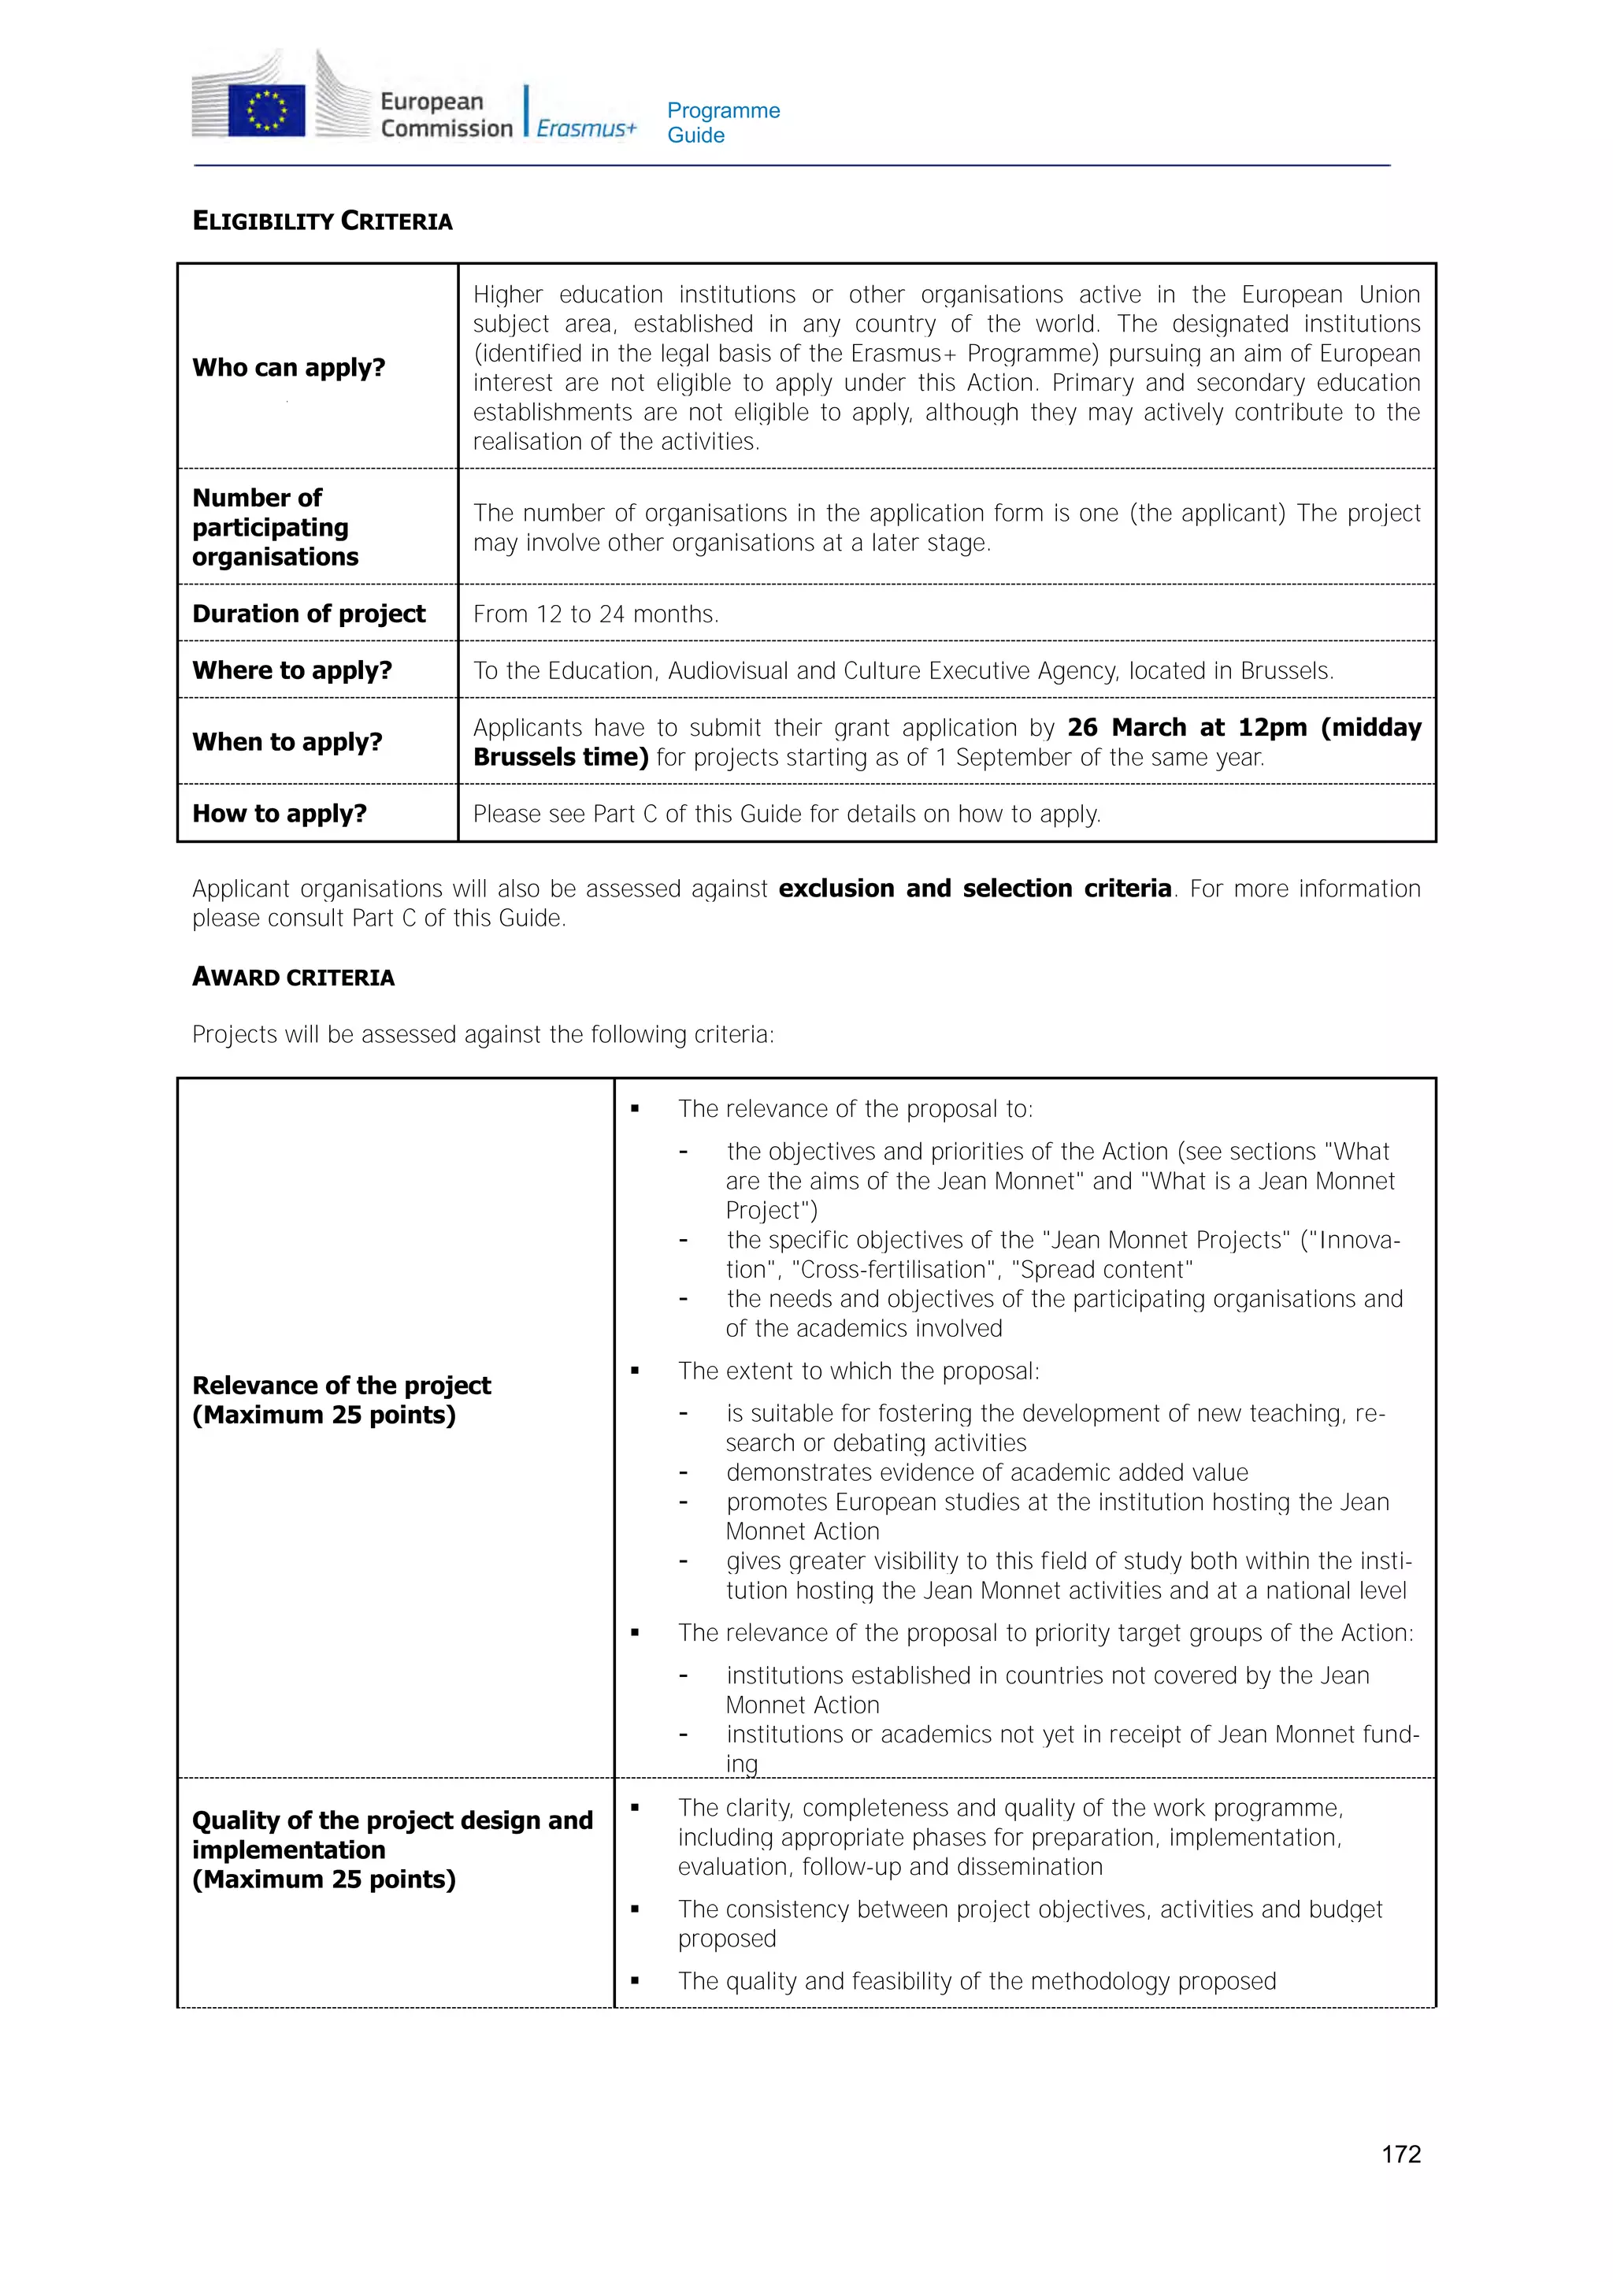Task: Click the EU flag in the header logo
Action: (265, 109)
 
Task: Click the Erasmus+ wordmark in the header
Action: (585, 128)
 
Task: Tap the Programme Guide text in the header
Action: (722, 122)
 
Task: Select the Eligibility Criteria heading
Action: (322, 221)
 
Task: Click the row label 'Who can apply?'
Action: (288, 367)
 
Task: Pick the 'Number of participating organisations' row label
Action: (270, 527)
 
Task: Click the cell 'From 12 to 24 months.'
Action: (595, 614)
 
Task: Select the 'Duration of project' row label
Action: (308, 614)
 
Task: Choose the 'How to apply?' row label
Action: (280, 813)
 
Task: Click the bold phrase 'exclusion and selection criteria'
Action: (974, 889)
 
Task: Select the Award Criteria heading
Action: (293, 977)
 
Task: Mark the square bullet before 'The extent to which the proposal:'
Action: (635, 1371)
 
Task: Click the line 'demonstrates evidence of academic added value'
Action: (986, 1472)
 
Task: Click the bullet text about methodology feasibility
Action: (976, 1981)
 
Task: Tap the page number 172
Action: (1400, 2154)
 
